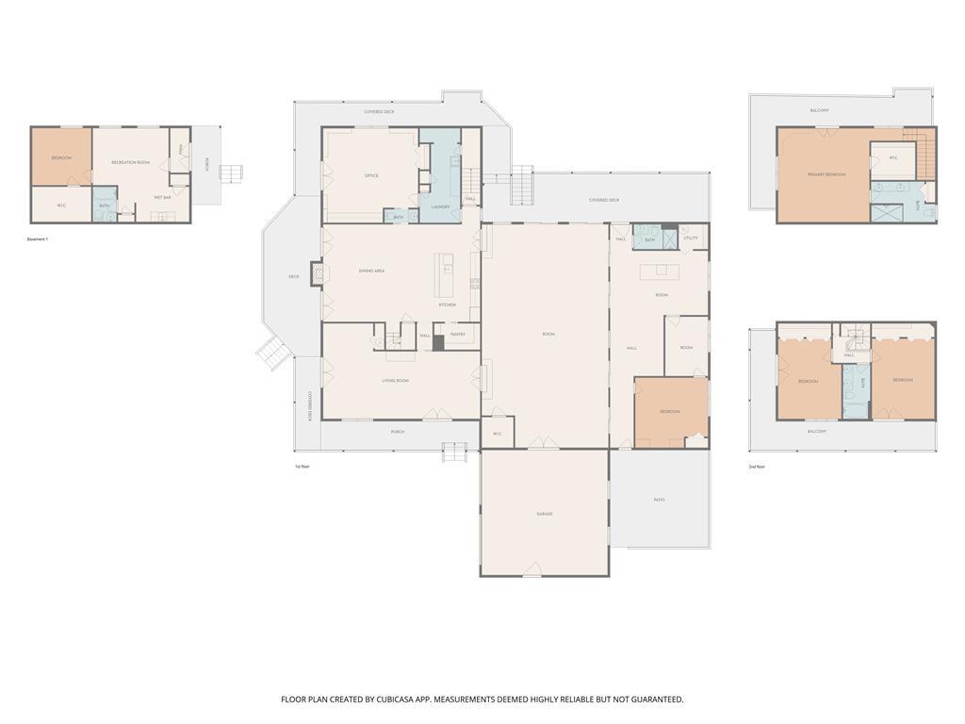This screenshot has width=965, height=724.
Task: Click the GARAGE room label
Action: click(544, 514)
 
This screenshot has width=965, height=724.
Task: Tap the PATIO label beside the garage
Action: click(659, 500)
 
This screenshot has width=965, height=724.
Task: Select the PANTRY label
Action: click(458, 335)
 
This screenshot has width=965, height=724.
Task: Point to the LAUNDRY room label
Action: click(439, 206)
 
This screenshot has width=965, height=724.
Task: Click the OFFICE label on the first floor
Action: click(371, 175)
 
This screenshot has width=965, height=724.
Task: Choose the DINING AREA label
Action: click(371, 271)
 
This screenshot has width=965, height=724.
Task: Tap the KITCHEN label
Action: click(447, 304)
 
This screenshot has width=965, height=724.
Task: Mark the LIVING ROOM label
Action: click(395, 381)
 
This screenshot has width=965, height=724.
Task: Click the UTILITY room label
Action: click(691, 239)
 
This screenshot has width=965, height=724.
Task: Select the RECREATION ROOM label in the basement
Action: click(130, 162)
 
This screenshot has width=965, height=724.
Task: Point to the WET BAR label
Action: click(162, 197)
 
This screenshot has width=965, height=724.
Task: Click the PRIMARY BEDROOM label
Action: click(826, 174)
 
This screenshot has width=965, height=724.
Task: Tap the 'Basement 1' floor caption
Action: click(38, 239)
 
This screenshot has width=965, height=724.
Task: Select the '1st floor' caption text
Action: click(302, 467)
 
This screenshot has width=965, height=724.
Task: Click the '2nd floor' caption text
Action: click(757, 467)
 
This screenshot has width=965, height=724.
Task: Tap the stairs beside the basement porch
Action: click(231, 173)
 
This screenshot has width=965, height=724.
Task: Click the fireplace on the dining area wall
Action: click(317, 273)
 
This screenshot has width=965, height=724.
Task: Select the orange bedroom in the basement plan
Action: click(61, 156)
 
